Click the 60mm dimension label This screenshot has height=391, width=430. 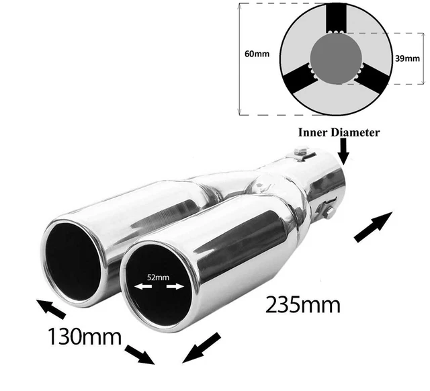pyautogui.click(x=257, y=54)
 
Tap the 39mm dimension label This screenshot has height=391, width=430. pyautogui.click(x=407, y=58)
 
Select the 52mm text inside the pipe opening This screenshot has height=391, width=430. pyautogui.click(x=159, y=277)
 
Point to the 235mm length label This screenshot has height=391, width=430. pyautogui.click(x=303, y=304)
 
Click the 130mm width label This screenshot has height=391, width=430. pyautogui.click(x=85, y=337)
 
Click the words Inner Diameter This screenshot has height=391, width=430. pyautogui.click(x=339, y=132)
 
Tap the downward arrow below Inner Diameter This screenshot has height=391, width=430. pyautogui.click(x=343, y=151)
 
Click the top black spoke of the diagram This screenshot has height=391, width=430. pyautogui.click(x=336, y=18)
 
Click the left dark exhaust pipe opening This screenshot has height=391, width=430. pyautogui.click(x=73, y=261)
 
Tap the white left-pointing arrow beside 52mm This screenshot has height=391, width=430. pyautogui.click(x=143, y=287)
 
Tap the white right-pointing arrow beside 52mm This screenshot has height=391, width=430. pyautogui.click(x=175, y=287)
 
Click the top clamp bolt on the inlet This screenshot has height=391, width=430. pyautogui.click(x=300, y=152)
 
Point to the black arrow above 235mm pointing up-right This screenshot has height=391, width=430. pyautogui.click(x=374, y=227)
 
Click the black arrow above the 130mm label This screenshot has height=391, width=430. pyautogui.click(x=51, y=309)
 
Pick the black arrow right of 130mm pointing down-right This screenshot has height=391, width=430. pyautogui.click(x=140, y=355)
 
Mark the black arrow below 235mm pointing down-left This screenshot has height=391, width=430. pyautogui.click(x=202, y=348)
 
